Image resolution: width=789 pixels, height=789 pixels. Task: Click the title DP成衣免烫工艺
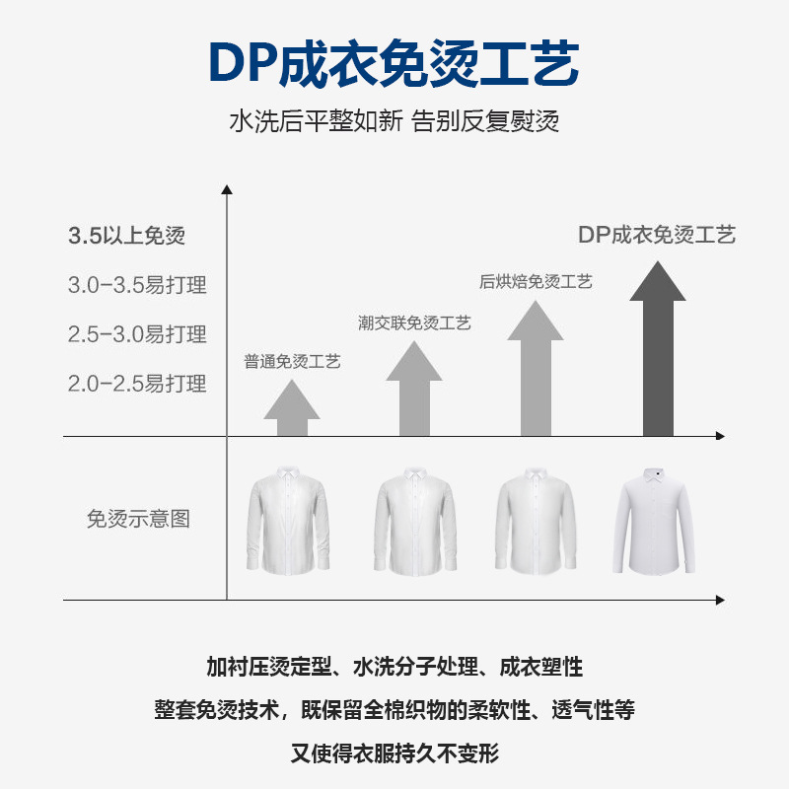pyautogui.click(x=394, y=63)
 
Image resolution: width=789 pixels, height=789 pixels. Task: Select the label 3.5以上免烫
pyautogui.click(x=126, y=236)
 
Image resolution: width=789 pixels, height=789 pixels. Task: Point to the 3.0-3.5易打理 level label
pyautogui.click(x=137, y=285)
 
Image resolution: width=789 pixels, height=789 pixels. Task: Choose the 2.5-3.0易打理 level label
pyautogui.click(x=137, y=334)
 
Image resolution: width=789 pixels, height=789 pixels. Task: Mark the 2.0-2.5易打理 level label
pyautogui.click(x=137, y=384)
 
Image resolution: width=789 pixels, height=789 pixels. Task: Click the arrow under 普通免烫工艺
pyautogui.click(x=292, y=408)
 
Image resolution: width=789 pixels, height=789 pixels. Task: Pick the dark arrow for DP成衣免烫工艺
pyautogui.click(x=658, y=349)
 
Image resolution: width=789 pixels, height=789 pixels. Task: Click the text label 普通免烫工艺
pyautogui.click(x=292, y=362)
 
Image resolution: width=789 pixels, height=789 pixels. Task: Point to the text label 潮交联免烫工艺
pyautogui.click(x=414, y=323)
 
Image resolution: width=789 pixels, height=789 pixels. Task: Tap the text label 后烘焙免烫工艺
pyautogui.click(x=536, y=282)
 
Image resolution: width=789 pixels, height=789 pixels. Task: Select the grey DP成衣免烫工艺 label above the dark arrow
pyautogui.click(x=657, y=235)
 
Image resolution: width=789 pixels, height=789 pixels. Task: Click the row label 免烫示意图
pyautogui.click(x=138, y=519)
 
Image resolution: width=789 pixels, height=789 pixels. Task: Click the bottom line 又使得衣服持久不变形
pyautogui.click(x=394, y=754)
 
